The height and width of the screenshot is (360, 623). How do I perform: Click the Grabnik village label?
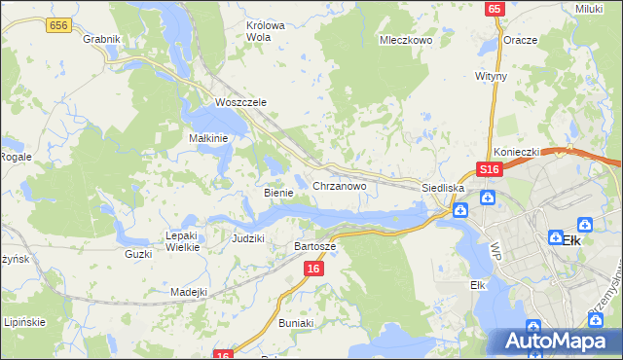pos(101,39)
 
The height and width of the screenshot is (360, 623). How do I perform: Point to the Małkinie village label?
pos(207,138)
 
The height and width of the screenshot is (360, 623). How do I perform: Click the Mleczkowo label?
pos(405,41)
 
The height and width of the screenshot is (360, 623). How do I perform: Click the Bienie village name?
pos(278,193)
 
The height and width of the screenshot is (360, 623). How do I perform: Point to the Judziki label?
pos(249,237)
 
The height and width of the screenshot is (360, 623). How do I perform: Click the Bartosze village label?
pos(315,246)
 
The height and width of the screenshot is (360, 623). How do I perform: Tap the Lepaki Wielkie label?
pos(182,240)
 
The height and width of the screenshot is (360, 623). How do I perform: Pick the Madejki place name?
pos(189,292)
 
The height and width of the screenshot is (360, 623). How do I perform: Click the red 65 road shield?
pos(495,8)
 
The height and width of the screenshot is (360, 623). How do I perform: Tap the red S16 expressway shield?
pos(489,169)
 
